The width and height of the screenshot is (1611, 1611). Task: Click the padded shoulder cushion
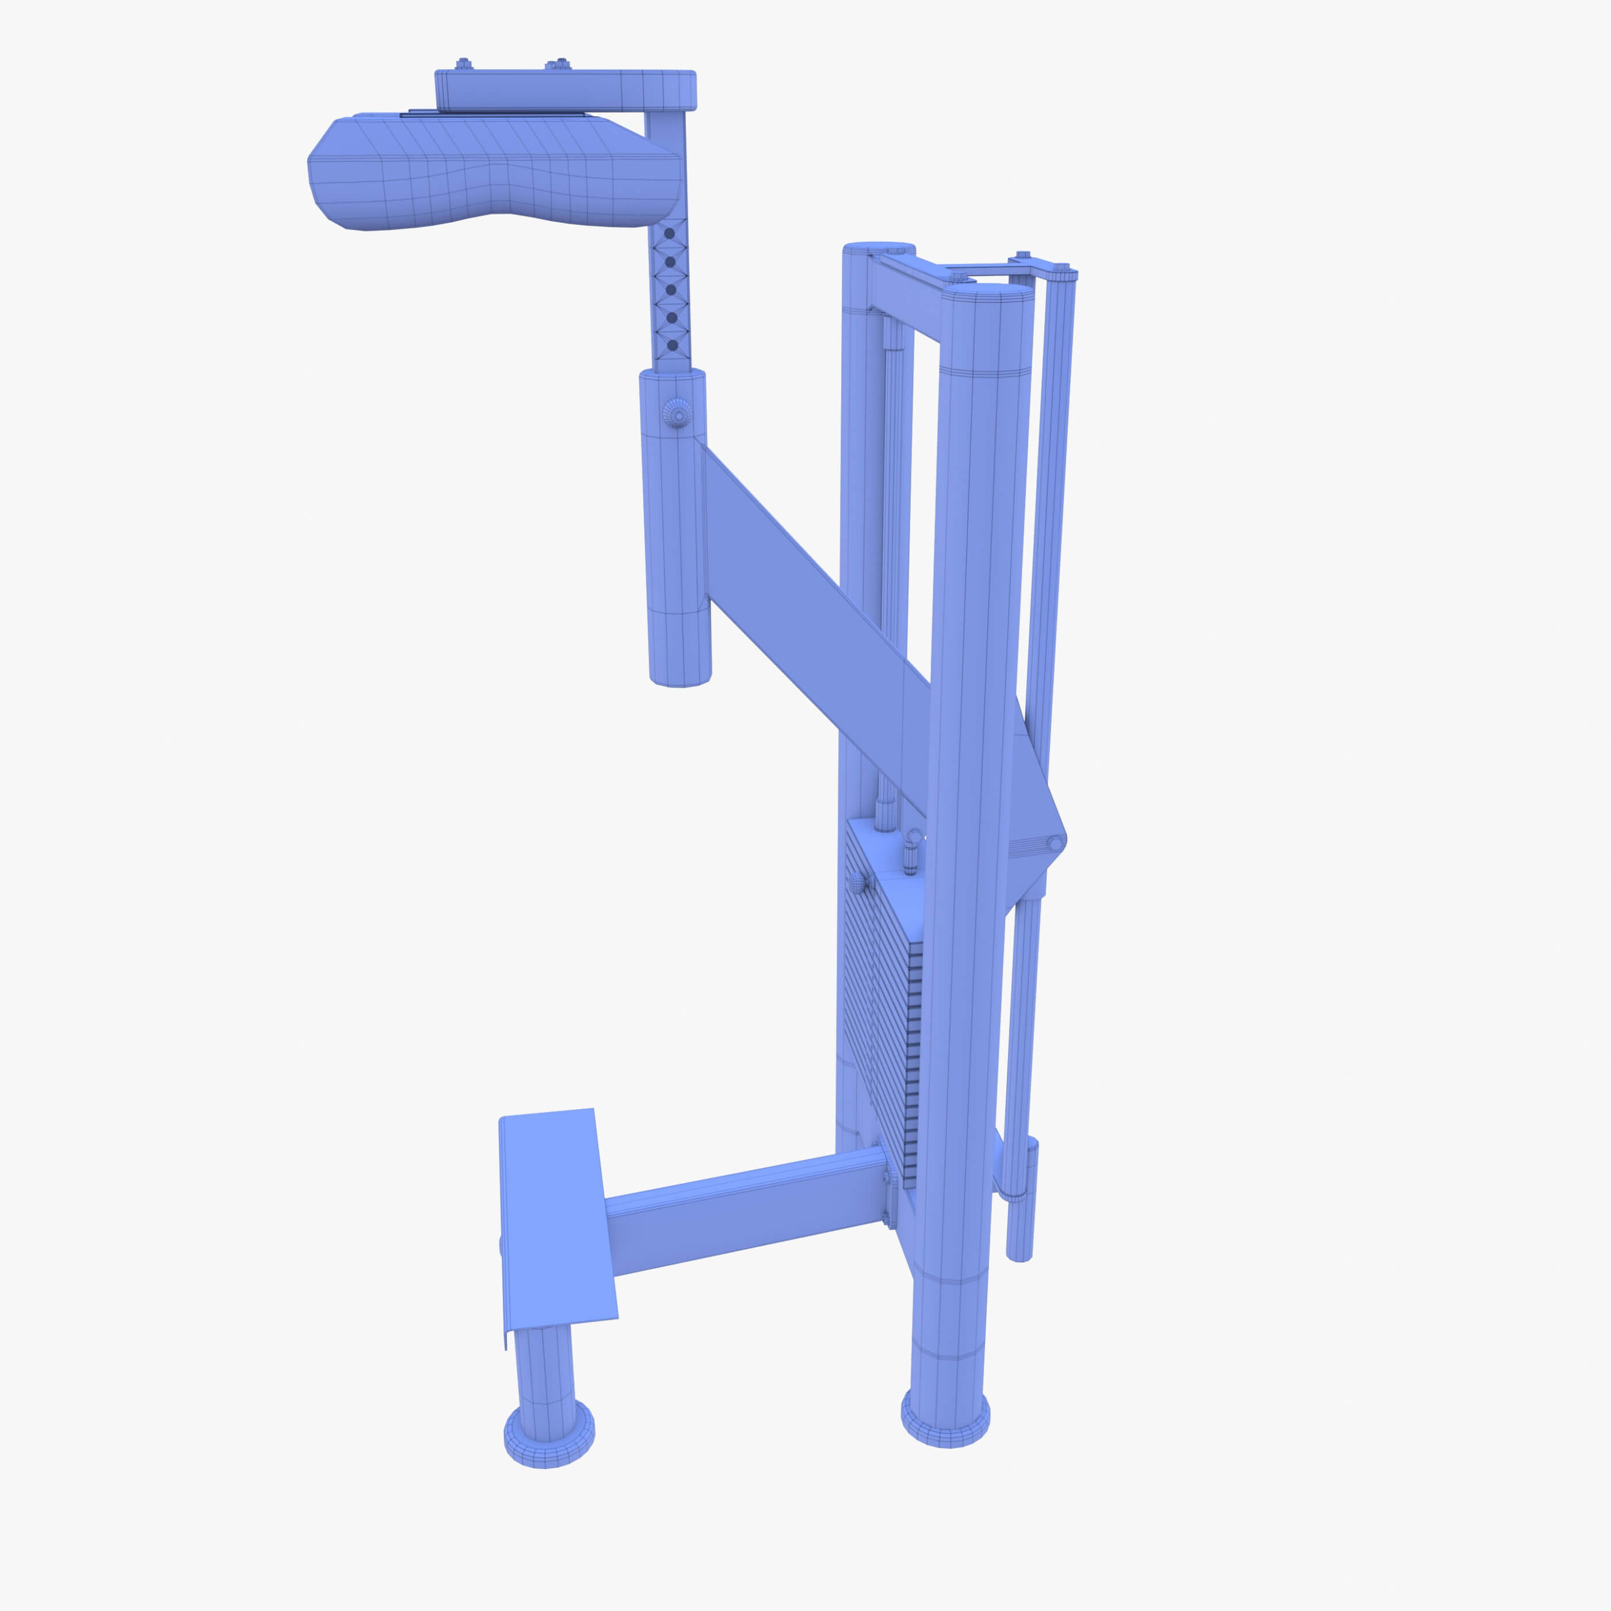(492, 175)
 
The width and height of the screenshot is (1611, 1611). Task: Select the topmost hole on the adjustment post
(668, 234)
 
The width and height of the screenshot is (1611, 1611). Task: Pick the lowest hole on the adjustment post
(672, 345)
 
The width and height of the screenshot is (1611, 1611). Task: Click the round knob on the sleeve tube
(677, 412)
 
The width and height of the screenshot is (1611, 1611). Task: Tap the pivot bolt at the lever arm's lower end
(1054, 844)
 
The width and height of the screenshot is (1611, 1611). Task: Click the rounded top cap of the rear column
(879, 249)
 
